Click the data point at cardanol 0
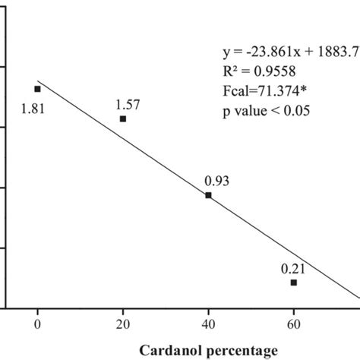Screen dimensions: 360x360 pos(38,89)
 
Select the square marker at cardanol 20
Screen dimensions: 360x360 pos(123,119)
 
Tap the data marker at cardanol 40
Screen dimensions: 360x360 pos(209,195)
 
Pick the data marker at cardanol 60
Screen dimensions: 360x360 pos(294,283)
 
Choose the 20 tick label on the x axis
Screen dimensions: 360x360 pos(123,322)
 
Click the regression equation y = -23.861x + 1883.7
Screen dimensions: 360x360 pos(286,53)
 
